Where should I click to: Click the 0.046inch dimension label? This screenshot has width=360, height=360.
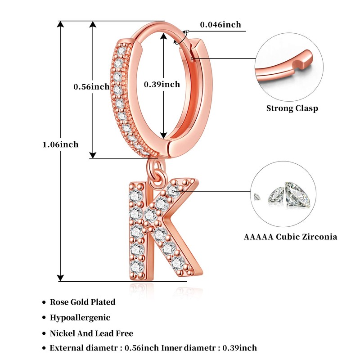pyautogui.click(x=220, y=25)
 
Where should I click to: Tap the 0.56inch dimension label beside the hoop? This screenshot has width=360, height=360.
pyautogui.click(x=91, y=86)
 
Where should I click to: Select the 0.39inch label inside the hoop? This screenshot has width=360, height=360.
pyautogui.click(x=162, y=84)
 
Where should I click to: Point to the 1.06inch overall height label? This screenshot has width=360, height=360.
pyautogui.click(x=60, y=144)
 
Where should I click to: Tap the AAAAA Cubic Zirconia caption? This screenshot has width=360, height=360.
pyautogui.click(x=290, y=237)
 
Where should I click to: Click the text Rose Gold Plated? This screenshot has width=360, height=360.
pyautogui.click(x=82, y=302)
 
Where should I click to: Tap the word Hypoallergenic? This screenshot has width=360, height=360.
pyautogui.click(x=80, y=317)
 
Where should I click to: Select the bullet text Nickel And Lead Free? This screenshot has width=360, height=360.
pyautogui.click(x=91, y=333)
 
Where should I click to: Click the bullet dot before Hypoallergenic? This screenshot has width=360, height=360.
pyautogui.click(x=44, y=318)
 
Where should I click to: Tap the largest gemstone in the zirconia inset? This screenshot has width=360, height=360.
pyautogui.click(x=297, y=194)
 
